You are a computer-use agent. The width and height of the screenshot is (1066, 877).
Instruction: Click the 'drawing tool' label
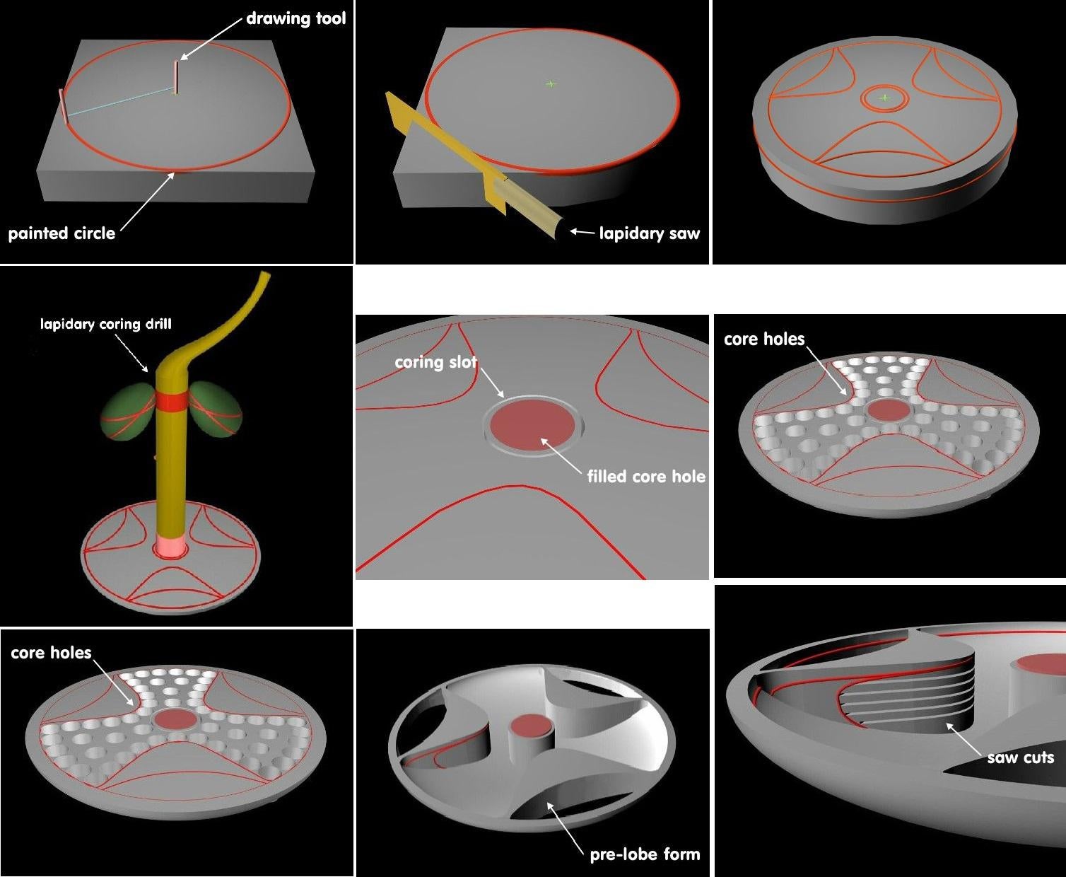tap(295, 18)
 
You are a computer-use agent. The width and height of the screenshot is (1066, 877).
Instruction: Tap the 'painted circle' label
tap(61, 233)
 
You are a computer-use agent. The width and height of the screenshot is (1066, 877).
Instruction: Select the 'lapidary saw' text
tap(649, 233)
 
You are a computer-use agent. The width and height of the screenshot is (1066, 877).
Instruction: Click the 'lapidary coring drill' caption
tap(105, 325)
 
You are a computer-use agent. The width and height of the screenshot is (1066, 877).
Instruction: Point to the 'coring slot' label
tap(435, 362)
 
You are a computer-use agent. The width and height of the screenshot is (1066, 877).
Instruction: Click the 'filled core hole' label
tap(645, 477)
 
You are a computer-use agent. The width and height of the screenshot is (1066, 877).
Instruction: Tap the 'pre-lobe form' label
tap(645, 854)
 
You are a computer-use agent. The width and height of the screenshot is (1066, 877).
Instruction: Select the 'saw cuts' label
tap(1020, 758)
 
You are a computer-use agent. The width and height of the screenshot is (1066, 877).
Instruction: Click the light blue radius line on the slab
tap(120, 100)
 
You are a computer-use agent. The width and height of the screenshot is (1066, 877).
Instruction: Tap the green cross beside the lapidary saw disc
tap(551, 83)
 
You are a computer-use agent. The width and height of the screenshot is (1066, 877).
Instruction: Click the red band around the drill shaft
tap(172, 401)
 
